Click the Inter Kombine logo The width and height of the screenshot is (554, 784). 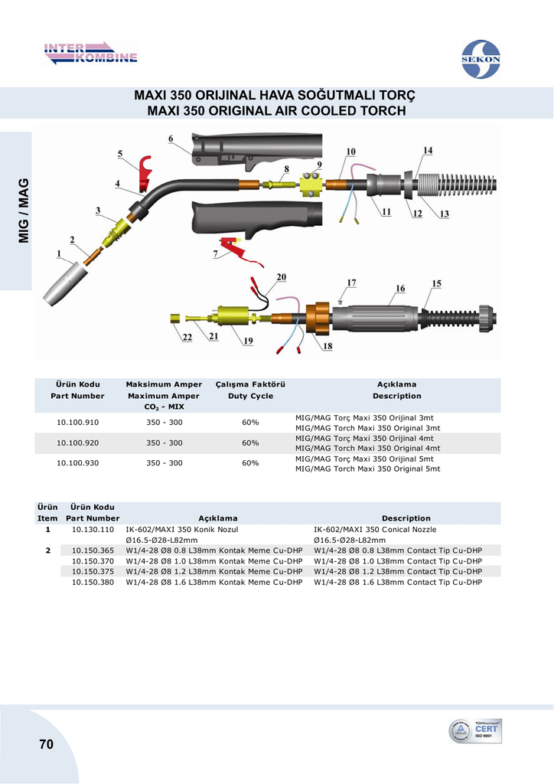tap(90, 54)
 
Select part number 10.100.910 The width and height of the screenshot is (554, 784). tap(78, 422)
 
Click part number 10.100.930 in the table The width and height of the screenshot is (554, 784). tap(78, 463)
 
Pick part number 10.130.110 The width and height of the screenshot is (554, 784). tap(93, 529)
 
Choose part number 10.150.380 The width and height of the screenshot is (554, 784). tap(93, 582)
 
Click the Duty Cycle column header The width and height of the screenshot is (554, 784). tap(250, 396)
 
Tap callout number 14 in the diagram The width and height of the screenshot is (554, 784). tap(428, 150)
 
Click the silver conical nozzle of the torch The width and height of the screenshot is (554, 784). tap(64, 283)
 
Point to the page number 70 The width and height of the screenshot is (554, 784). tap(45, 744)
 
